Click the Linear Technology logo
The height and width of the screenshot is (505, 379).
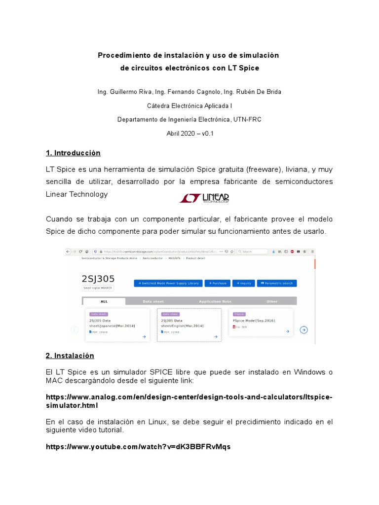point(204,198)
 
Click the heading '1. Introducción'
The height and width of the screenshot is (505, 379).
point(73,153)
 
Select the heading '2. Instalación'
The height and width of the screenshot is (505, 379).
point(70,356)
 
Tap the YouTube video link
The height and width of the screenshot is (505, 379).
point(138,447)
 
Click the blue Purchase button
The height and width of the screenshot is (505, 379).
point(217,283)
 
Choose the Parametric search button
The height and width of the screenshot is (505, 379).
point(276,283)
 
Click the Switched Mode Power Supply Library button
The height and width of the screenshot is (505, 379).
point(168,283)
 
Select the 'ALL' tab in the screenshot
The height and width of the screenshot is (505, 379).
point(104,301)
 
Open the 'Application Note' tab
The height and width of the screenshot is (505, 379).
point(215,301)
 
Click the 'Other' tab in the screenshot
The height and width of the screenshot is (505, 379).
point(272,301)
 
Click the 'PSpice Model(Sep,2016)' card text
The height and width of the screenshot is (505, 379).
point(254,321)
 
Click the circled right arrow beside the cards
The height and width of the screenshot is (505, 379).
point(304,330)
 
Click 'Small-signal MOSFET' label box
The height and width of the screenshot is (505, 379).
point(98,288)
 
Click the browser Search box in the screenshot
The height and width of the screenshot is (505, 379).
point(254,252)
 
